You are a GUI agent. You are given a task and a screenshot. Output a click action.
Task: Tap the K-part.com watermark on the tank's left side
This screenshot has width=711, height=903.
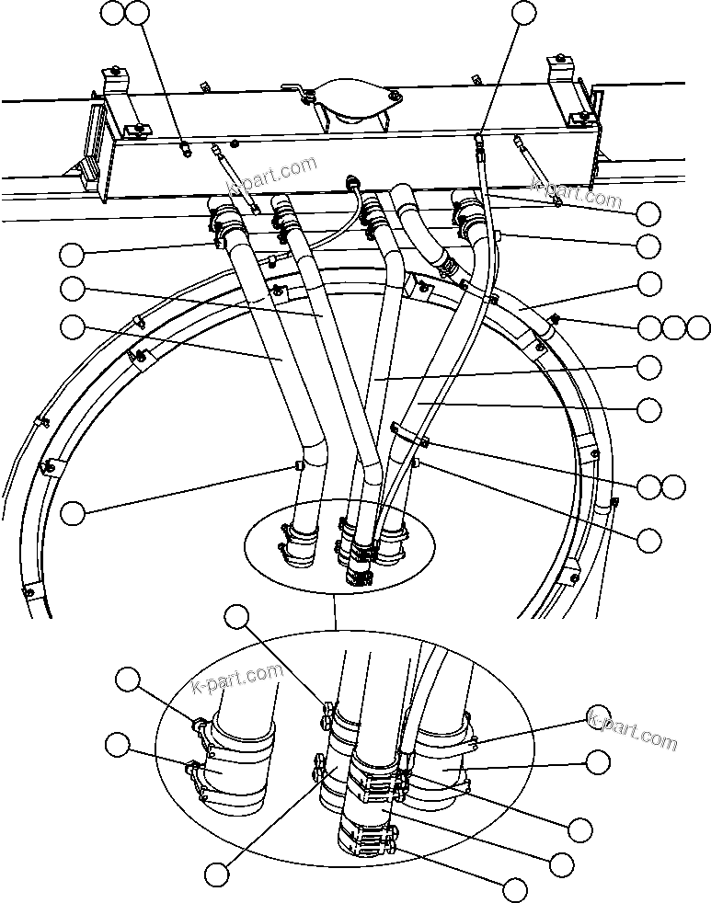click(276, 175)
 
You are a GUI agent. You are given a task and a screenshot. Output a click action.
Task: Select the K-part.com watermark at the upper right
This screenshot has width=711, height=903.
click(577, 192)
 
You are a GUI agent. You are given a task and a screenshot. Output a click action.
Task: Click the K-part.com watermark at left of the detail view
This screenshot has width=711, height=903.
click(236, 681)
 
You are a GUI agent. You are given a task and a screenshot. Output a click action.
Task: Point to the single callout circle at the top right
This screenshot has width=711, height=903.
click(522, 12)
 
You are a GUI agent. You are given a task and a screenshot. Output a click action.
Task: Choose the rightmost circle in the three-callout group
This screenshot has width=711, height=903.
click(699, 326)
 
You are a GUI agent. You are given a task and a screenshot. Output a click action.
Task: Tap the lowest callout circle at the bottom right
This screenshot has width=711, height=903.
click(515, 889)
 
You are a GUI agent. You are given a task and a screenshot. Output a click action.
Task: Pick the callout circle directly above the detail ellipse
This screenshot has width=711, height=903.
click(237, 617)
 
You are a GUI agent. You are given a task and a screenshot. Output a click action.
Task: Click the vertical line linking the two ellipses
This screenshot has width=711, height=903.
click(338, 611)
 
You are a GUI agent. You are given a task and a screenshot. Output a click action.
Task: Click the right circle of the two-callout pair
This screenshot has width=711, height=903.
click(674, 486)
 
